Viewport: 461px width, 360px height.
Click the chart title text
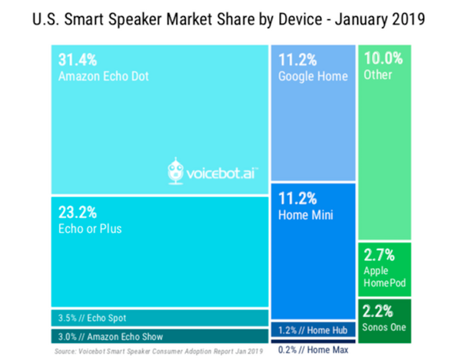coord(230,17)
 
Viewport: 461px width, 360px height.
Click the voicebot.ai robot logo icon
coord(176,172)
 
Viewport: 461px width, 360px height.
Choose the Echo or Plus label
coord(91,228)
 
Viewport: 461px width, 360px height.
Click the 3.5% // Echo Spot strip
coord(92,317)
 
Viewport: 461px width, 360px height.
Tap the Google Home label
coord(312,76)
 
